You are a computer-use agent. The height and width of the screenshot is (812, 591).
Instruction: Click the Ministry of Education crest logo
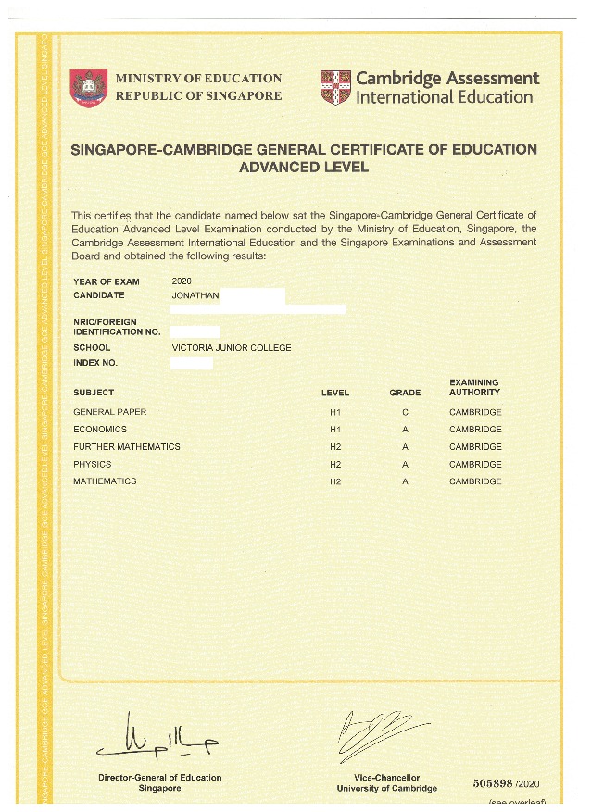point(89,87)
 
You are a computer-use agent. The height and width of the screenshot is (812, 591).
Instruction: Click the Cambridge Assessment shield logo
point(334,88)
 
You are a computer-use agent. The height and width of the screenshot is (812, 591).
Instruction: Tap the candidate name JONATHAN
point(195,295)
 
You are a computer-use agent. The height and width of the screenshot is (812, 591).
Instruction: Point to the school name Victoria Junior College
point(232,348)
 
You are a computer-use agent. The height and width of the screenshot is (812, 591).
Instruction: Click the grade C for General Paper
point(405,412)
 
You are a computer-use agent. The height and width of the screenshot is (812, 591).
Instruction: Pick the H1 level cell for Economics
point(335,430)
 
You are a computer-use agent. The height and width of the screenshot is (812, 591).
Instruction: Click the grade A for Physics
point(405,465)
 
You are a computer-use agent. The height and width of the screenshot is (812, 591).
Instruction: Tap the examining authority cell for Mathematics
point(475,481)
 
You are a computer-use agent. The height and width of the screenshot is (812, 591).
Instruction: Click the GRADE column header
point(405,393)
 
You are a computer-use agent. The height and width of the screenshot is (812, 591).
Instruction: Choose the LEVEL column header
point(335,393)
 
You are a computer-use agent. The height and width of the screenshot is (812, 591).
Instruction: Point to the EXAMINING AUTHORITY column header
point(474,387)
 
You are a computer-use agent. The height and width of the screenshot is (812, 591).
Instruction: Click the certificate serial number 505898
point(495,782)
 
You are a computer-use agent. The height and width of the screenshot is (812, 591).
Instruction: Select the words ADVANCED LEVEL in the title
point(304,168)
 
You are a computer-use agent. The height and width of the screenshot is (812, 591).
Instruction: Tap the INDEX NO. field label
point(95,363)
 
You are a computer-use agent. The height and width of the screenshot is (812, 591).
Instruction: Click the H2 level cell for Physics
point(335,465)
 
